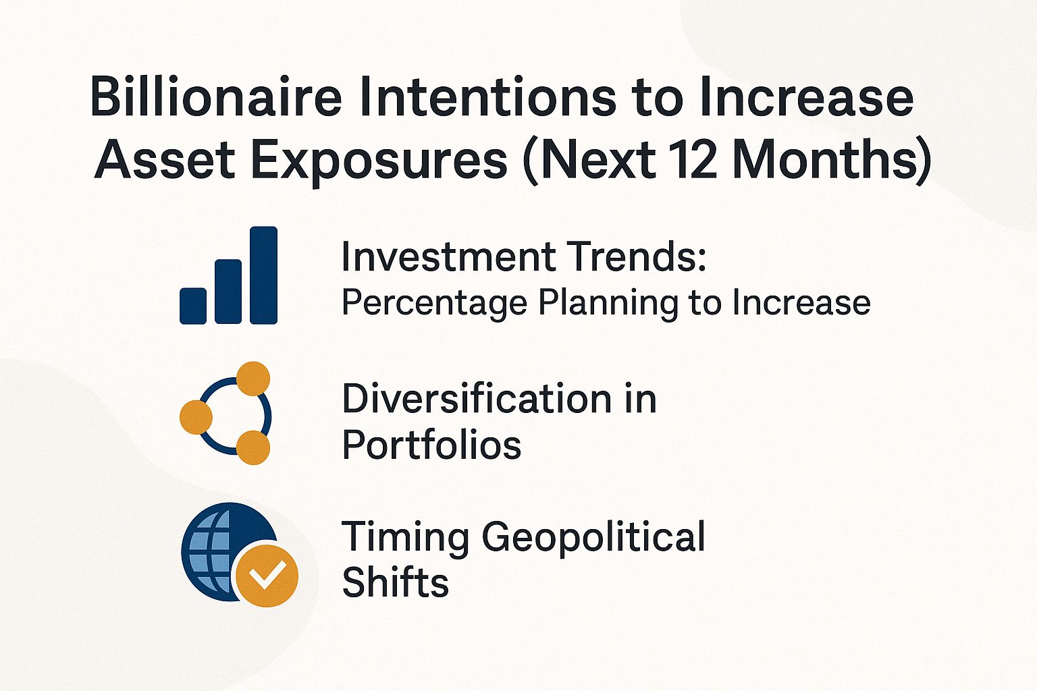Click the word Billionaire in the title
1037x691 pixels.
pos(216,97)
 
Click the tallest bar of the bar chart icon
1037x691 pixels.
pos(263,275)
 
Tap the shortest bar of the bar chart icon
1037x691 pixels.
pos(193,306)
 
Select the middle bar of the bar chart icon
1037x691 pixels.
pos(228,292)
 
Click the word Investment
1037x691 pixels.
pos(446,257)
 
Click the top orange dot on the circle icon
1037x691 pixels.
pos(253,378)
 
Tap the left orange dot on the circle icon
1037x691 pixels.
pos(196,416)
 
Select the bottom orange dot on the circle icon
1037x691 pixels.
pos(253,447)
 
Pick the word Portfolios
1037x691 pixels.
pos(431,445)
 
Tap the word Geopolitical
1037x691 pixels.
pos(593,537)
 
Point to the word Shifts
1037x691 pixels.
pos(395,582)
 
